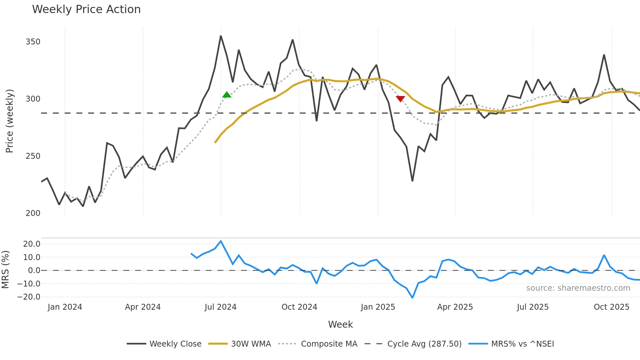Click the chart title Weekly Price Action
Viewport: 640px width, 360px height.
(x=86, y=9)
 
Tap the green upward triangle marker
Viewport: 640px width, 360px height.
(x=227, y=95)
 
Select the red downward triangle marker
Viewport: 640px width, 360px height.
(x=400, y=99)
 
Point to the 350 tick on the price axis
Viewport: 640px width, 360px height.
(x=33, y=42)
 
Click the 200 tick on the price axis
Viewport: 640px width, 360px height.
(x=33, y=213)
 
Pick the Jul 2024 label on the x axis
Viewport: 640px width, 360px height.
(x=220, y=307)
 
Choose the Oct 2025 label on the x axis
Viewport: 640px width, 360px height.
(x=611, y=307)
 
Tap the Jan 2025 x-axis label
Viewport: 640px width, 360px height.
(x=378, y=307)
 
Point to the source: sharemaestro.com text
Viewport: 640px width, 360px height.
(x=578, y=288)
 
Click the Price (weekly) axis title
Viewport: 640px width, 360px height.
(x=9, y=121)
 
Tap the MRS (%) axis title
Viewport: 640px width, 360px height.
(x=5, y=270)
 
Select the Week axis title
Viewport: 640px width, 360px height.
(x=340, y=324)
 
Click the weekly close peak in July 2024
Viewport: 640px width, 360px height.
(x=221, y=36)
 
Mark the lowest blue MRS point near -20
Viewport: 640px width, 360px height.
(x=412, y=298)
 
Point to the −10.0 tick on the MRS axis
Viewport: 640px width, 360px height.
(x=29, y=284)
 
